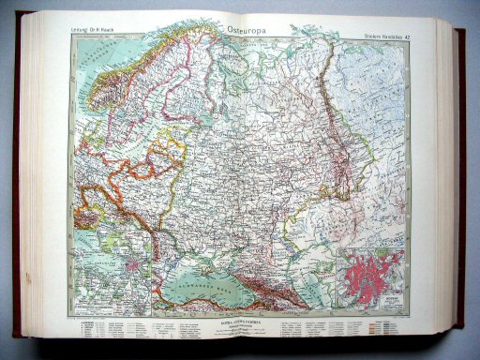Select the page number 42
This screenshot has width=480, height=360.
419,37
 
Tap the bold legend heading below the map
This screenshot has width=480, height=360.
240,323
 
